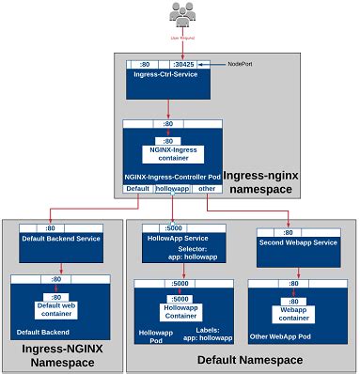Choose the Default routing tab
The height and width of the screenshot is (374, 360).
(136, 188)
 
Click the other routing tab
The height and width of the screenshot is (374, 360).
(207, 188)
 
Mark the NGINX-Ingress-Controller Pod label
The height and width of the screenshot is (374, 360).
(172, 176)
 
